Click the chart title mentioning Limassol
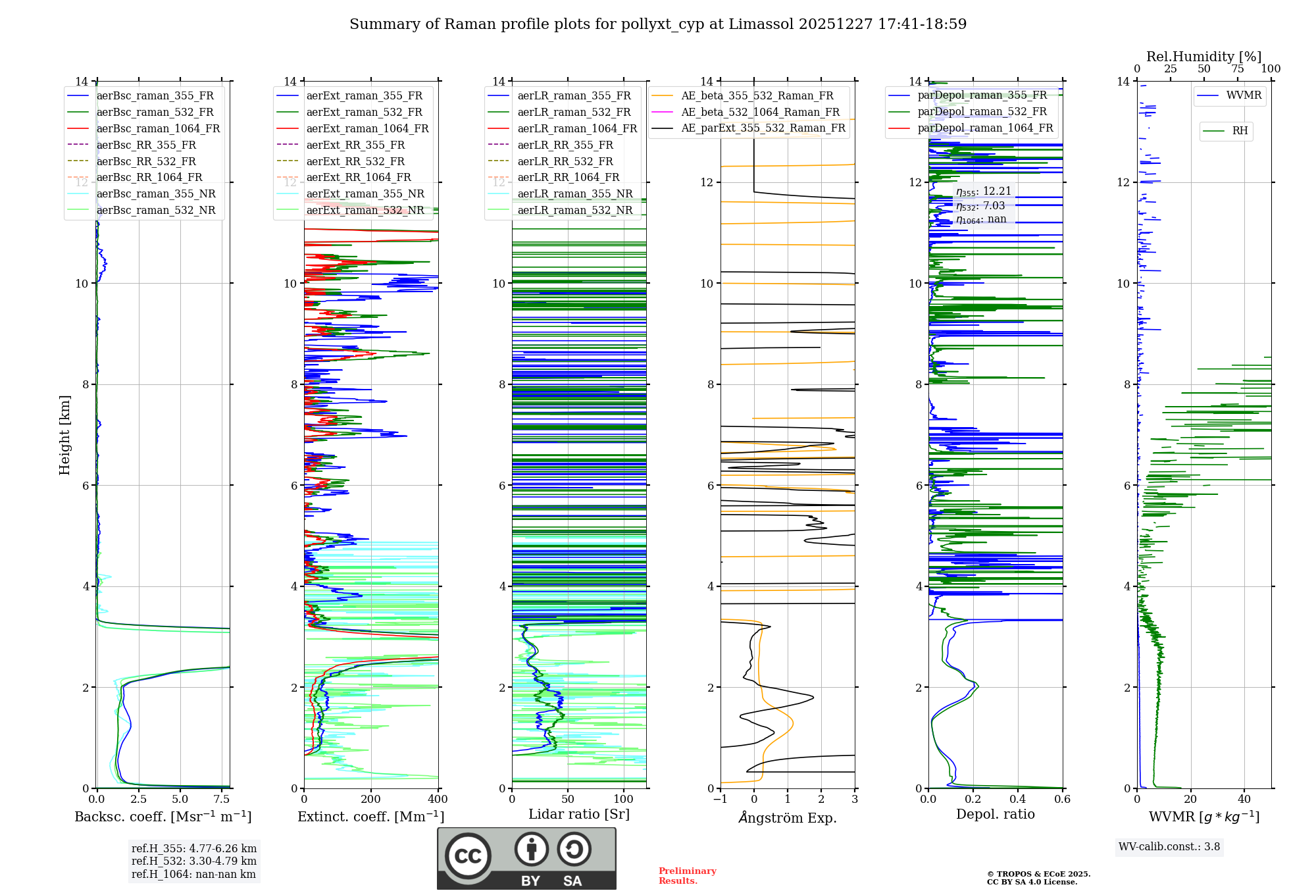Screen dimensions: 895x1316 coord(658,24)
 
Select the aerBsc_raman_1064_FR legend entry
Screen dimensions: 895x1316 coord(158,128)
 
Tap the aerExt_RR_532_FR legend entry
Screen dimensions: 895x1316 coord(355,161)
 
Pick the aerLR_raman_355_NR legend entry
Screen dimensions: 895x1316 coord(574,193)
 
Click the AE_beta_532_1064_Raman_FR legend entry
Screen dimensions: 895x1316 coord(760,112)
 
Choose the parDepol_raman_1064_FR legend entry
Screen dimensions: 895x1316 coord(985,128)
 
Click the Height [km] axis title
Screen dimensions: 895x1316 coord(64,435)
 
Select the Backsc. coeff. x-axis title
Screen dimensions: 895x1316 coord(163,817)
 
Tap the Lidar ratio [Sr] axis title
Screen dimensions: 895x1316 coord(579,814)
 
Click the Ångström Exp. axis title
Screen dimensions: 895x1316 coord(788,817)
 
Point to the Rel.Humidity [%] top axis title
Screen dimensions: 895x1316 coord(1203,57)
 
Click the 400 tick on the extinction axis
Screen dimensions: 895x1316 coord(438,800)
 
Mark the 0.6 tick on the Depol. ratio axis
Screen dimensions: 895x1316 coord(1062,800)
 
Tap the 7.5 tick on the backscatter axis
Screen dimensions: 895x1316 coord(222,800)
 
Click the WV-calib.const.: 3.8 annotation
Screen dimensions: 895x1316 coord(1169,847)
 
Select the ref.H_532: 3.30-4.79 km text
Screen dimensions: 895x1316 coord(194,861)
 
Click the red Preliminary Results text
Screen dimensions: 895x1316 coord(687,875)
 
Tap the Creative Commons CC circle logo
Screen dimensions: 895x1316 coord(468,856)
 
